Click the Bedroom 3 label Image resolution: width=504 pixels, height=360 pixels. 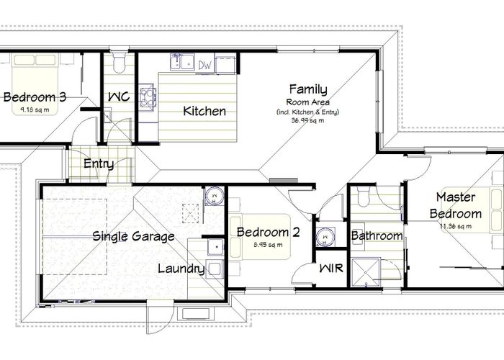(35, 96)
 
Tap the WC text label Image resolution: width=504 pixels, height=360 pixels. (118, 96)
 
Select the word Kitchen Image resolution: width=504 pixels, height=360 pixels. (204, 111)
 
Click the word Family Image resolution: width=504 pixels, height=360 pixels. (307, 89)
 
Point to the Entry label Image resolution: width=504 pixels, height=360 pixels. (99, 163)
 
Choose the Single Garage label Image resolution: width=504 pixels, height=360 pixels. (133, 235)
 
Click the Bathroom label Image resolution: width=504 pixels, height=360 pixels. (377, 235)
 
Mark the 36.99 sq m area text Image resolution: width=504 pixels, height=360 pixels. (307, 120)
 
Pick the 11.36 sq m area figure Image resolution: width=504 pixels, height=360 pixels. (455, 226)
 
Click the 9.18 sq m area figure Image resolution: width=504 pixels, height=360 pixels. (35, 109)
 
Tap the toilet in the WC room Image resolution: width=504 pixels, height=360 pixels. (120, 64)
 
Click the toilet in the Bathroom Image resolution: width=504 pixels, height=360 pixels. (363, 195)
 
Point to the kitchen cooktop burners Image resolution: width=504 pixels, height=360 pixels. (148, 97)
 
